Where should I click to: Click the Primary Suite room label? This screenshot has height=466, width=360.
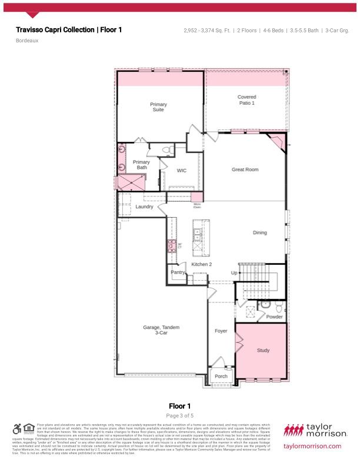click(x=158, y=107)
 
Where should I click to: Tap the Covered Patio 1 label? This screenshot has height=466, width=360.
click(x=246, y=100)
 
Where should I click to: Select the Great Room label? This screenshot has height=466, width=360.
click(x=245, y=169)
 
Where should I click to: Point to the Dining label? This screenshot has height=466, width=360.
click(x=259, y=232)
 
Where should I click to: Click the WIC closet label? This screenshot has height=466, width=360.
click(x=182, y=171)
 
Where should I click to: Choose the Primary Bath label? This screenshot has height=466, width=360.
click(x=141, y=165)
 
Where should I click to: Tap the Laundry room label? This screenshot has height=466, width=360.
click(x=144, y=207)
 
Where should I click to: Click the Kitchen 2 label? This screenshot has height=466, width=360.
click(x=201, y=264)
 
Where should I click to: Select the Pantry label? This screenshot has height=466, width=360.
click(x=178, y=272)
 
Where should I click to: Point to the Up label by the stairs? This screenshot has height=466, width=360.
click(x=234, y=273)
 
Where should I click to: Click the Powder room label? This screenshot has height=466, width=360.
click(x=274, y=317)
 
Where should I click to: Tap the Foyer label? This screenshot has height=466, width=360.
click(x=221, y=331)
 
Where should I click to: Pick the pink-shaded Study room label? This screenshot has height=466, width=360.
click(x=263, y=351)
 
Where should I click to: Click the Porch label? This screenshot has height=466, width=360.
click(x=221, y=377)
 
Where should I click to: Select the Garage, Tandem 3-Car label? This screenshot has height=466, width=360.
click(x=161, y=330)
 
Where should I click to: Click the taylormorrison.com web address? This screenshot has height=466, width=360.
click(x=312, y=446)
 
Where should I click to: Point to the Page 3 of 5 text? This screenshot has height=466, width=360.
click(x=179, y=415)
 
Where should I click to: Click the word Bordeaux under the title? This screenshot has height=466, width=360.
click(x=26, y=41)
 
